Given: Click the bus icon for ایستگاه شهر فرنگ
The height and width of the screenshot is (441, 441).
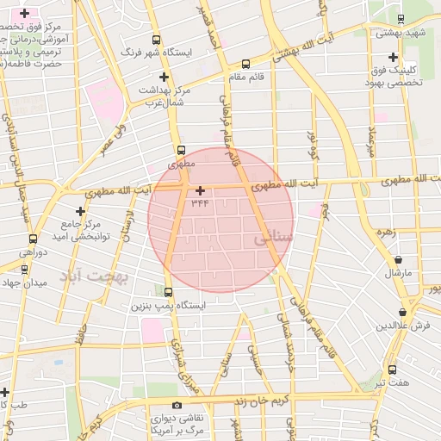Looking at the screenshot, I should (156, 40).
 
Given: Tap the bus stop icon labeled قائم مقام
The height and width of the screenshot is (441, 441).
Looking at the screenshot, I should (246, 63).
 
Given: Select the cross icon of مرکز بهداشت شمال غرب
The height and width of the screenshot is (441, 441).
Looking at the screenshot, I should (164, 78).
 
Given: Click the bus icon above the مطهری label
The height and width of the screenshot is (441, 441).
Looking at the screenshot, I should (179, 149).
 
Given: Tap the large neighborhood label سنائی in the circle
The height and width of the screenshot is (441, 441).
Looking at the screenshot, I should (275, 236).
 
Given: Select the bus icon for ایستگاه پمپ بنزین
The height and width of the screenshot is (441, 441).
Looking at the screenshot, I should (168, 292).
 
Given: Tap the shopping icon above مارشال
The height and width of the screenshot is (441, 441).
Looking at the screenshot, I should (398, 260).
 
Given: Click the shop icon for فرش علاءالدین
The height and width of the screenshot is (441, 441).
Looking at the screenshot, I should (402, 313).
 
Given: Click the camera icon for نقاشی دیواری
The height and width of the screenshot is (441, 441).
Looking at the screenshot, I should (177, 405).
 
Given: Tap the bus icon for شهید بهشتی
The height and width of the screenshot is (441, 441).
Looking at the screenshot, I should (401, 19).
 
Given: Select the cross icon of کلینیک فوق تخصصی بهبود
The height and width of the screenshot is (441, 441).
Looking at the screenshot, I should (393, 57).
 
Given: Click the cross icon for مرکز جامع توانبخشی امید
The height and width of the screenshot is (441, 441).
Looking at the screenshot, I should (81, 211).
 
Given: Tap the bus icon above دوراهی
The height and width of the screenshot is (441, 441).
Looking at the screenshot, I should (33, 239).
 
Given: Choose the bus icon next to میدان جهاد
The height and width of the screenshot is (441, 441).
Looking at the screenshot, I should (23, 268).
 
